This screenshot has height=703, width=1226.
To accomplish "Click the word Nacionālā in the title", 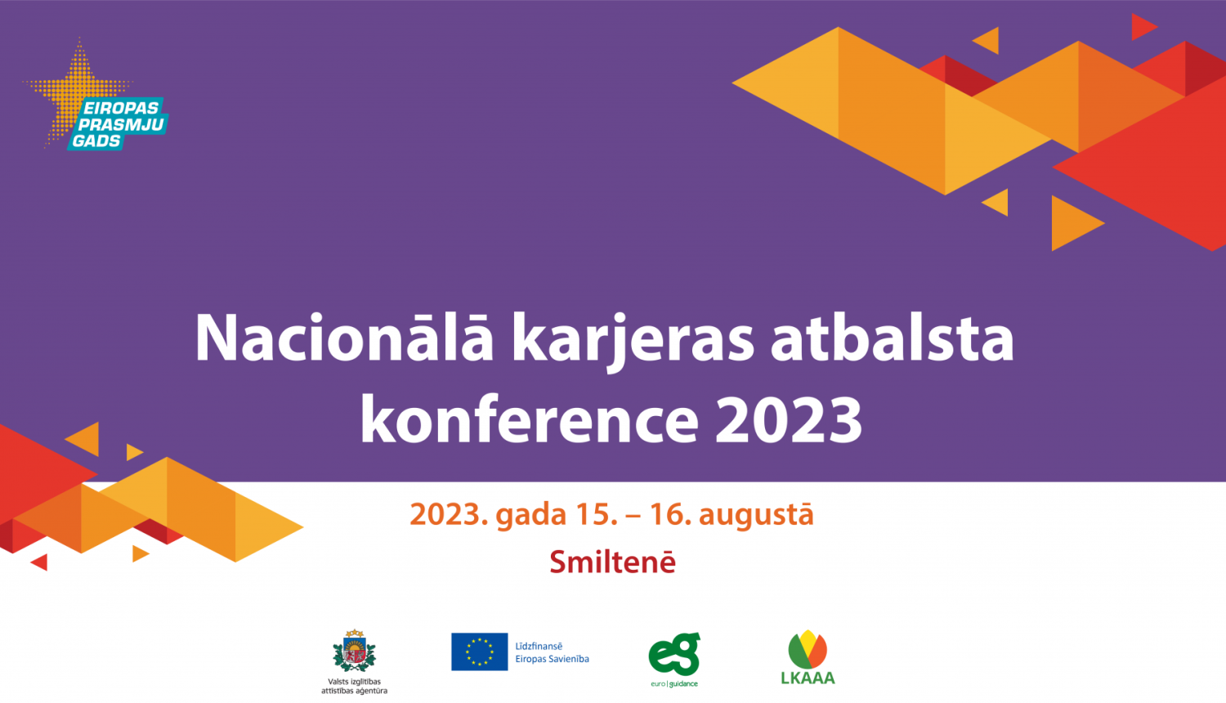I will (343, 338).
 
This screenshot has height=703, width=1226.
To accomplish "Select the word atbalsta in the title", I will (892, 338).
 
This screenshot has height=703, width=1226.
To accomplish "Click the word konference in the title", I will (529, 419).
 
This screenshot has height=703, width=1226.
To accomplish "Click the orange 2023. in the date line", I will (449, 515).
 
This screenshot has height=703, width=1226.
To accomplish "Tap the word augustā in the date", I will (756, 515).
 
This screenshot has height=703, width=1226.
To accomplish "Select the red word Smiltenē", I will (612, 562).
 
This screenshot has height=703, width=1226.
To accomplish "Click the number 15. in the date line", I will (597, 515).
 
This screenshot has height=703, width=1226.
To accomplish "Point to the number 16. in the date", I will (670, 515).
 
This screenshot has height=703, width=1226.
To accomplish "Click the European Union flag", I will (479, 652).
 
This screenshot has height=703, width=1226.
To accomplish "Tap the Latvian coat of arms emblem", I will (354, 652).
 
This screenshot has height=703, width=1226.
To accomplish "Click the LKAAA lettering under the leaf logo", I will (808, 678).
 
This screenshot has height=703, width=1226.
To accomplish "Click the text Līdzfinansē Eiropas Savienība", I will (552, 652).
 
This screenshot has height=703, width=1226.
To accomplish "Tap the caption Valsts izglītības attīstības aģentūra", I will (354, 686).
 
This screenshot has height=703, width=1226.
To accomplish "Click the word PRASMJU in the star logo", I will (121, 125).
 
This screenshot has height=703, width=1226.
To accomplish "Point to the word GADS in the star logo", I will (96, 141).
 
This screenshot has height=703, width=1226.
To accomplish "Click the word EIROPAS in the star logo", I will (121, 109).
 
